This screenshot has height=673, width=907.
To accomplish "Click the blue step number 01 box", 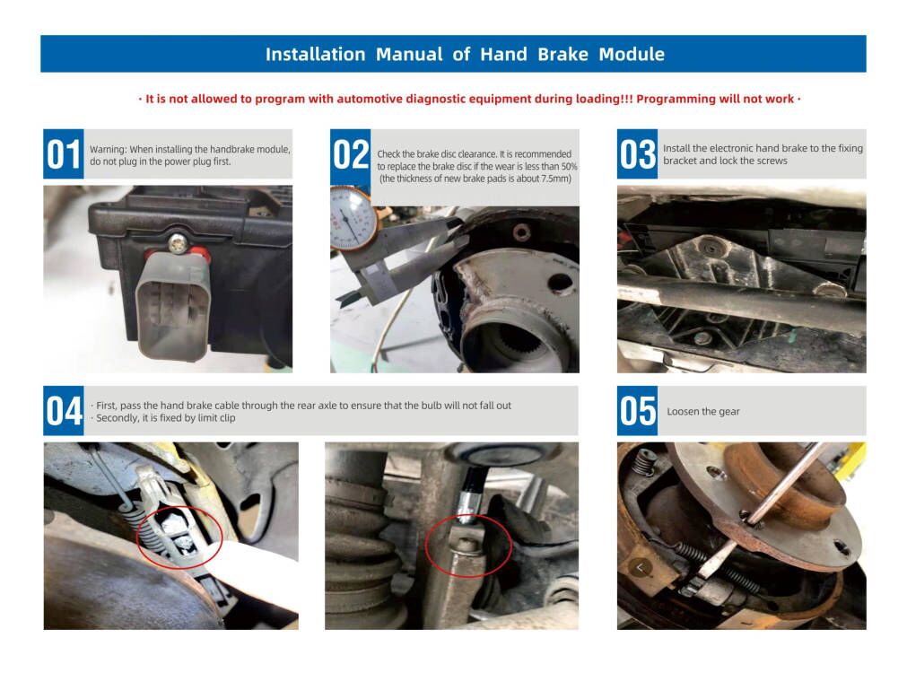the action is pyautogui.click(x=64, y=154).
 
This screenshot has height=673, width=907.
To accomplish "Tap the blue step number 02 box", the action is pyautogui.click(x=351, y=154).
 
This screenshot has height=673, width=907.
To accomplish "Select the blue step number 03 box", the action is pyautogui.click(x=638, y=154).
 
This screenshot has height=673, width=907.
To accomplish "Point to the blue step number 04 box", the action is pyautogui.click(x=64, y=411).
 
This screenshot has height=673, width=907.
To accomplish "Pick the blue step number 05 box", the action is pyautogui.click(x=638, y=411).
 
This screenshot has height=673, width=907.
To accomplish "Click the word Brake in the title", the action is pyautogui.click(x=563, y=55).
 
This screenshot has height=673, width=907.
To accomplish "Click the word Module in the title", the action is pyautogui.click(x=632, y=55).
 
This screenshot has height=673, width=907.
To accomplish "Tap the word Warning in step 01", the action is pyautogui.click(x=108, y=149).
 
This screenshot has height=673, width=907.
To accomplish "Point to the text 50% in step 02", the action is pyautogui.click(x=569, y=167).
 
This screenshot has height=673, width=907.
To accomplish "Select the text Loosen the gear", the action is pyautogui.click(x=702, y=412).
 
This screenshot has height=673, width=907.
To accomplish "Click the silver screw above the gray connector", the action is pyautogui.click(x=178, y=242).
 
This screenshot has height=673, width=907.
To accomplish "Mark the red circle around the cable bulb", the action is pyautogui.click(x=179, y=537).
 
